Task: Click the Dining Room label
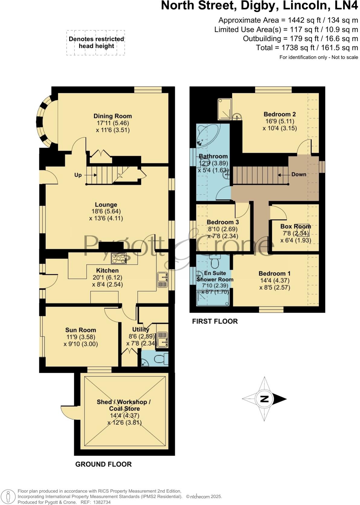[112, 116]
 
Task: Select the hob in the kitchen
[119, 258]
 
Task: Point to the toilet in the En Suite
[215, 263]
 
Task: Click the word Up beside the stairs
[78, 175]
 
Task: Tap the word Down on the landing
[299, 174]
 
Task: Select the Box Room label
[295, 226]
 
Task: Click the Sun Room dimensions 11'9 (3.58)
[81, 337]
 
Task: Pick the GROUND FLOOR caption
[103, 464]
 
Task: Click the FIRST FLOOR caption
[215, 321]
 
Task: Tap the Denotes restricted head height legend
[96, 43]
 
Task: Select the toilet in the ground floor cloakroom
[160, 359]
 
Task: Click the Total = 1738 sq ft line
[307, 47]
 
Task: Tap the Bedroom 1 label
[274, 273]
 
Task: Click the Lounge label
[106, 204]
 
